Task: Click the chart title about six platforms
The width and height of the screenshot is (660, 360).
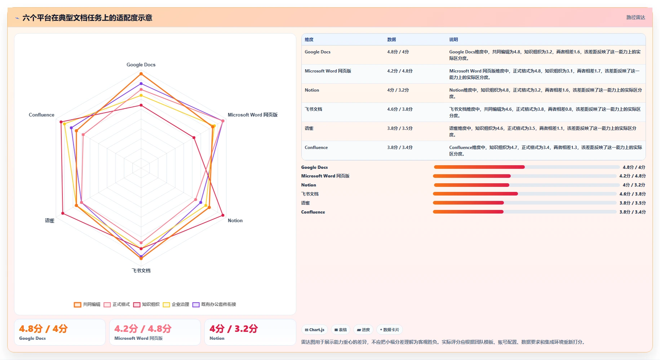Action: pos(87,18)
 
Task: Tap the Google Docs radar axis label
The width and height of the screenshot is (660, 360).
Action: pos(141,65)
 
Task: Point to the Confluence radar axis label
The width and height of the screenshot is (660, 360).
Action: pos(41,115)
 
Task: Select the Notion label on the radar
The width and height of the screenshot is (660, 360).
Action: pos(235,220)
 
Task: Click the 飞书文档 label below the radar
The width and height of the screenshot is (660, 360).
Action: pos(141,271)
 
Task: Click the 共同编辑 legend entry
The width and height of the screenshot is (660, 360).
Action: pos(87,304)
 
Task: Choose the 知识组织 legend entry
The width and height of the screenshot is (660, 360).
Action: pos(146,304)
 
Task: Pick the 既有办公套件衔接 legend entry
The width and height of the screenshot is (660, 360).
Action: pos(214,304)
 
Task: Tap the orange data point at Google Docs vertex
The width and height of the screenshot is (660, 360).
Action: pos(141,74)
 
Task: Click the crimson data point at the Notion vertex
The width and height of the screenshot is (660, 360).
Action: pos(222,216)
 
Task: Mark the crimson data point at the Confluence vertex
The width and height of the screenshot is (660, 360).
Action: pos(61,122)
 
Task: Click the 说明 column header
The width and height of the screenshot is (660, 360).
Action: pos(453,40)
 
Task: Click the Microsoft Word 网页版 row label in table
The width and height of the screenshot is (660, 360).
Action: pos(328,71)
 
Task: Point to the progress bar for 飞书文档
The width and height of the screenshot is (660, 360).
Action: pos(525,194)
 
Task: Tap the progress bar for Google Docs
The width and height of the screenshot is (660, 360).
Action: pos(527,167)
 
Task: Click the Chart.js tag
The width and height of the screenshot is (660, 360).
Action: pos(314,330)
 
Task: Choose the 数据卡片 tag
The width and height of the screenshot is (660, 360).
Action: pos(389,330)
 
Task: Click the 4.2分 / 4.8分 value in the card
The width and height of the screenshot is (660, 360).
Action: pos(143,329)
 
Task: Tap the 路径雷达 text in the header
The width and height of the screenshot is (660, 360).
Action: pos(635,17)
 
